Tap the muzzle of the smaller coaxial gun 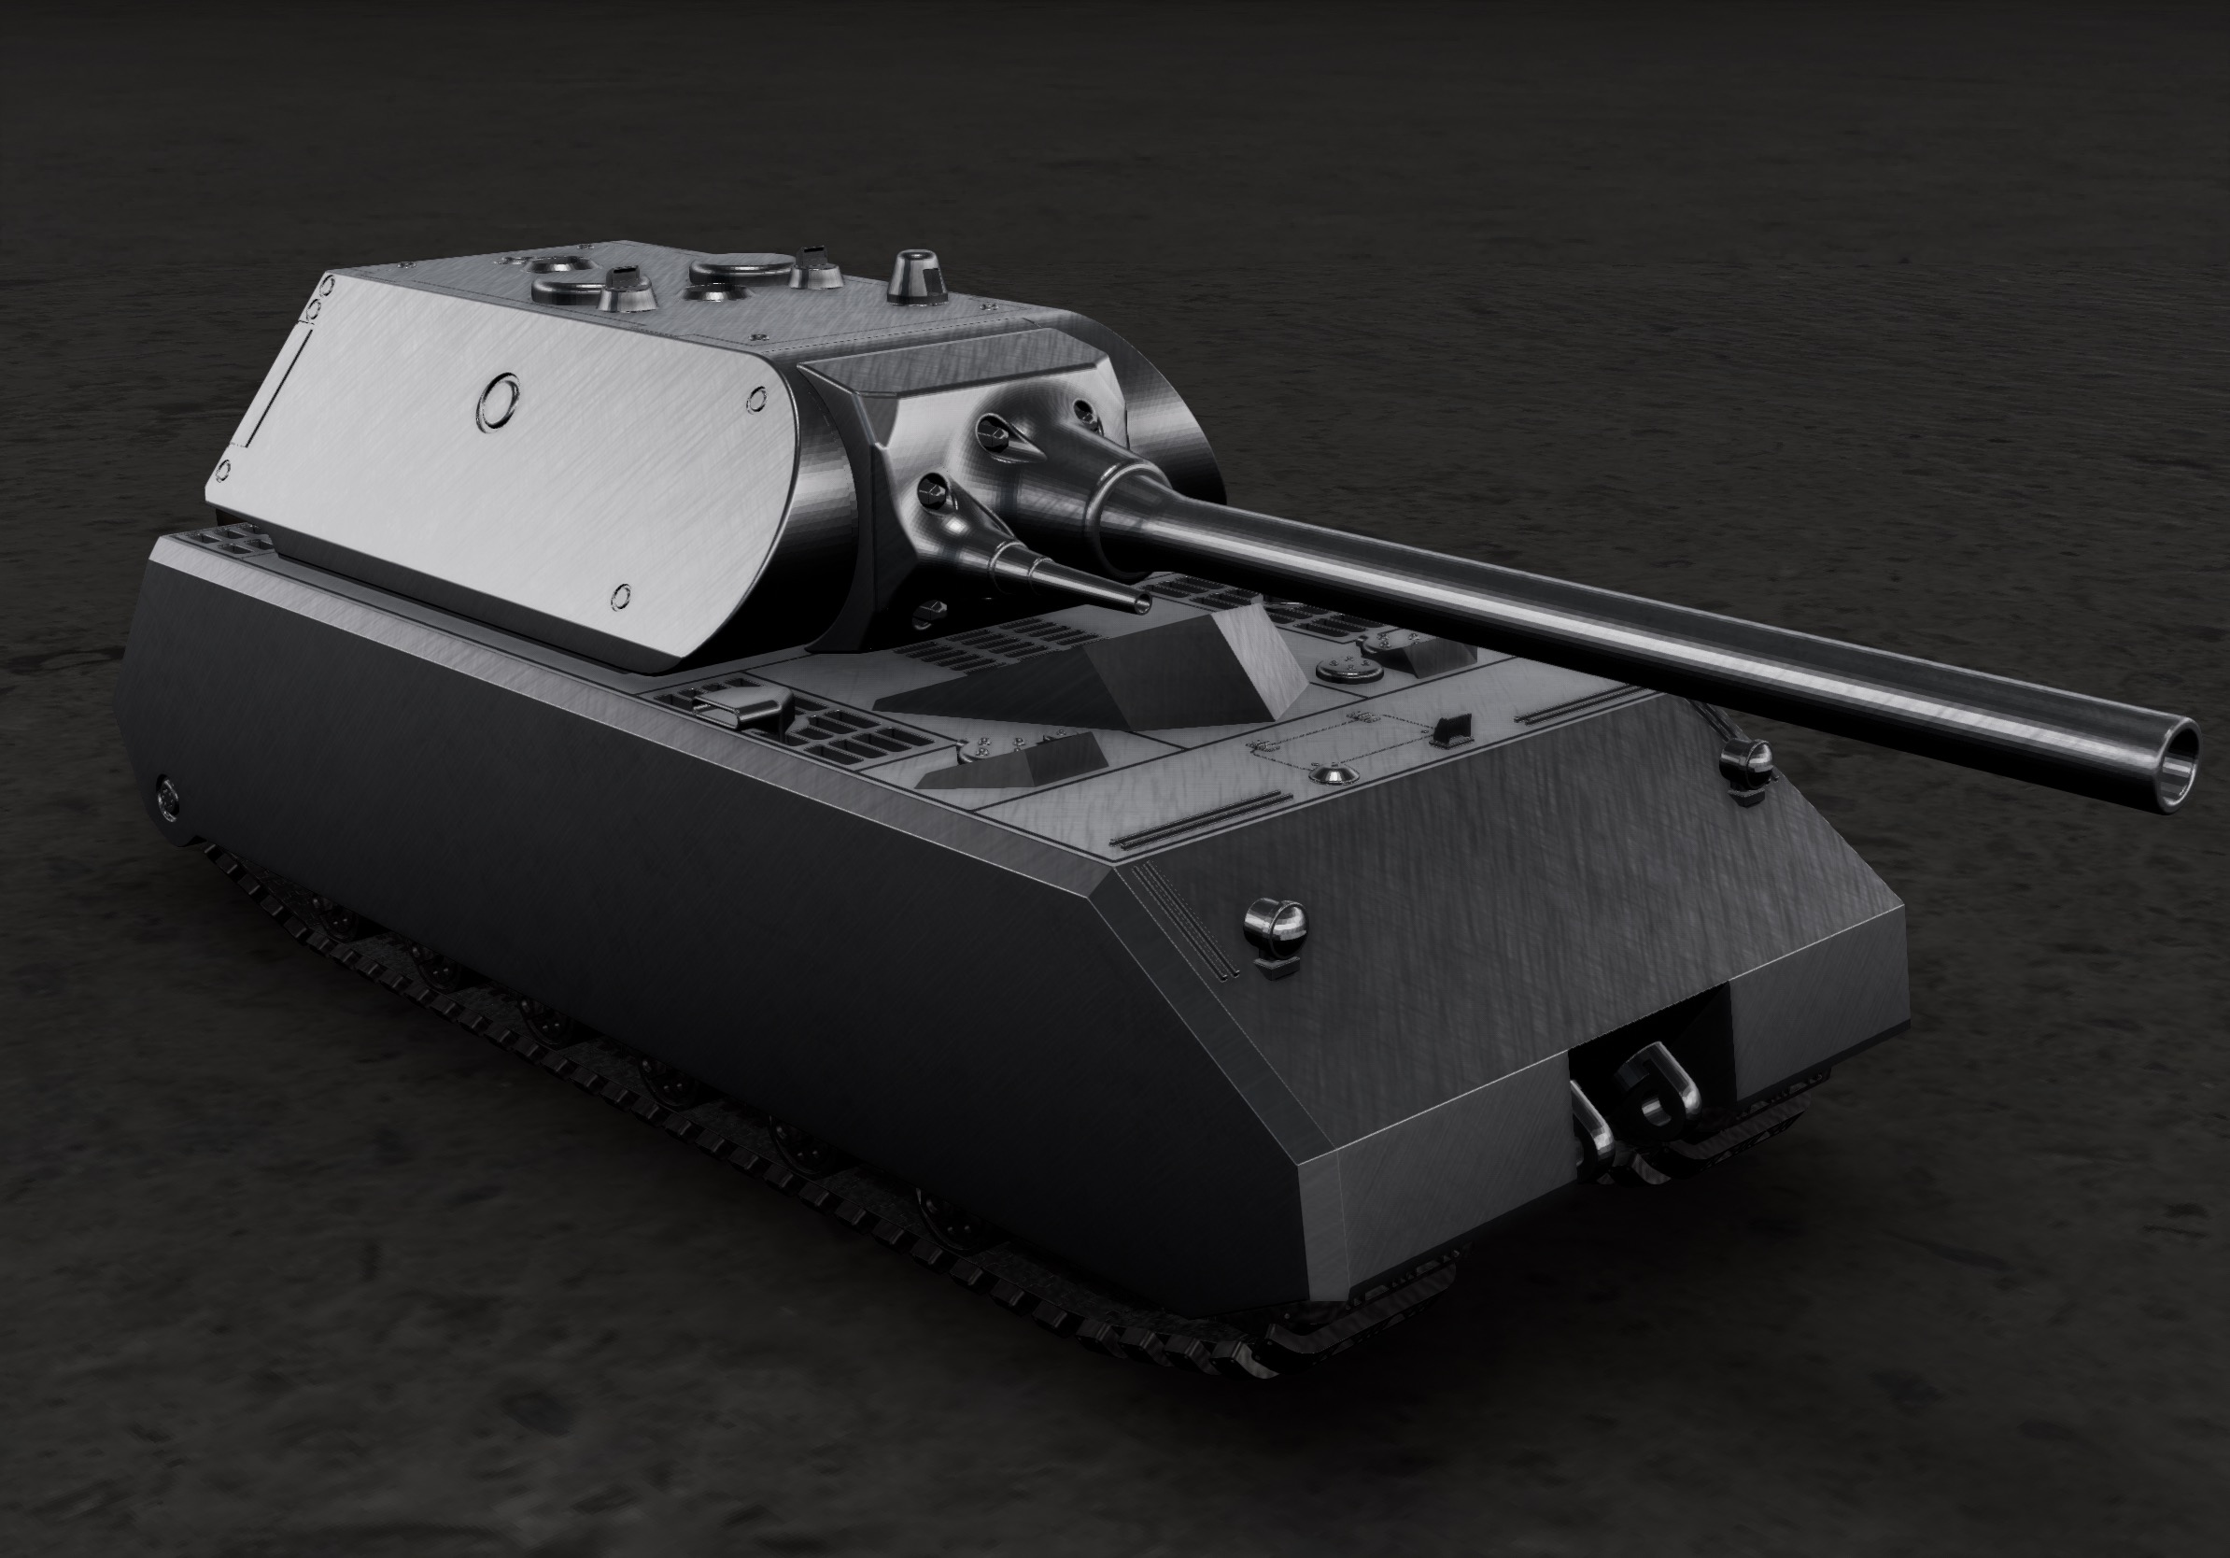click(1142, 605)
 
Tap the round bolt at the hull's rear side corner click(167, 796)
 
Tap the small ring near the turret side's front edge click(755, 398)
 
